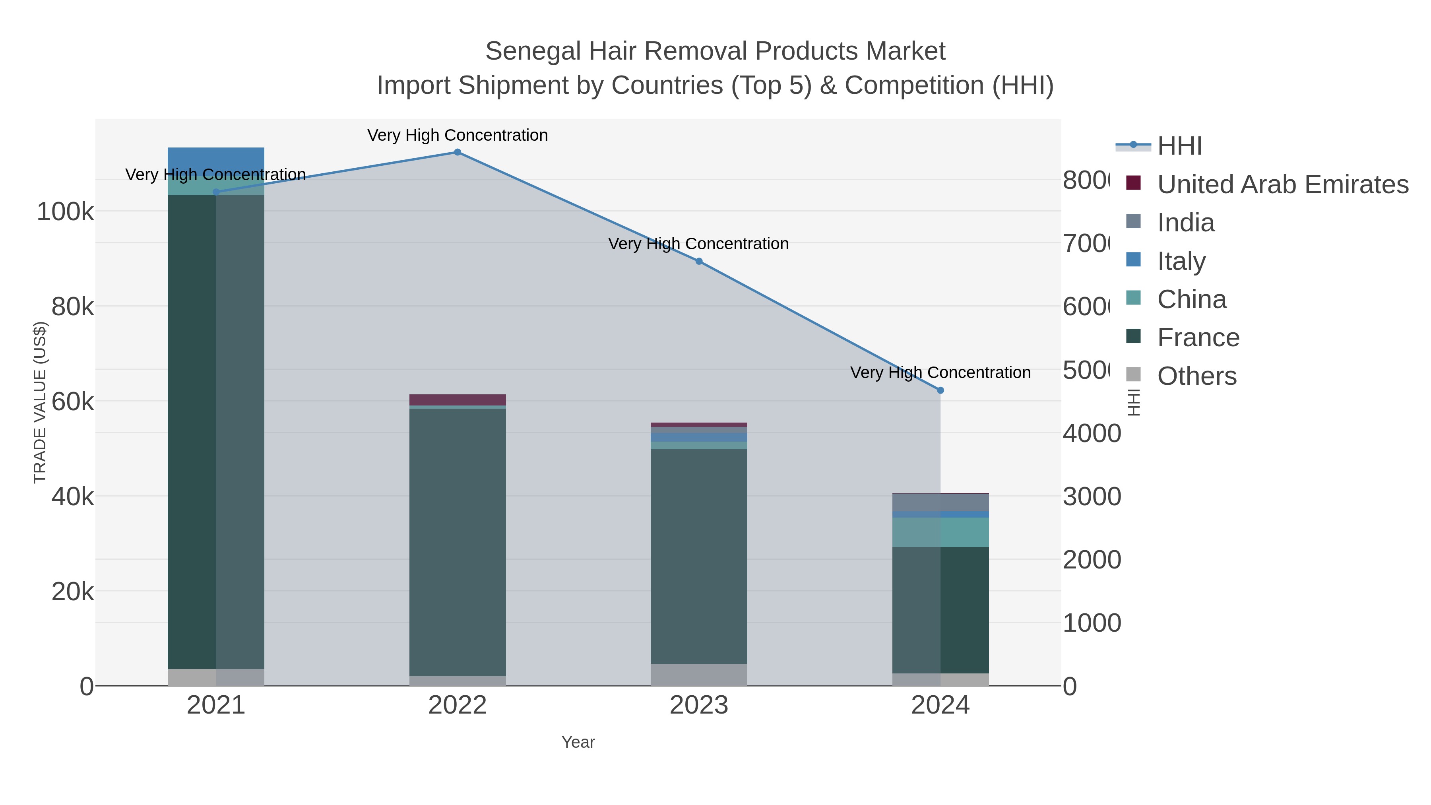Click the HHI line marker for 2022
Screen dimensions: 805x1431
[x=457, y=152]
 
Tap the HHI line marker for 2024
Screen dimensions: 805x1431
[x=940, y=390]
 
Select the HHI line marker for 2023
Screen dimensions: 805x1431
[x=699, y=261]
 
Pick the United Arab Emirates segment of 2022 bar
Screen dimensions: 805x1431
[x=457, y=400]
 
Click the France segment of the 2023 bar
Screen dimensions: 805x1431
[x=699, y=556]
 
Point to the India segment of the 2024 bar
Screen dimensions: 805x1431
[x=940, y=502]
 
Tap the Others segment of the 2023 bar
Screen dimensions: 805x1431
[x=699, y=675]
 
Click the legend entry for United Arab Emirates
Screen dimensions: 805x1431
[x=1282, y=184]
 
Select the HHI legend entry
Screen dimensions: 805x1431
[x=1179, y=146]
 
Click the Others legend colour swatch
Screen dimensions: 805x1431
[x=1133, y=374]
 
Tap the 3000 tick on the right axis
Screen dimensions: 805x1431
[x=1091, y=497]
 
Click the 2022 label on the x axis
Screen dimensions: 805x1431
[x=457, y=705]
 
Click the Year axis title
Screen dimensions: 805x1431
[x=578, y=742]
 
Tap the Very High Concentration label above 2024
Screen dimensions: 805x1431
[x=940, y=372]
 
